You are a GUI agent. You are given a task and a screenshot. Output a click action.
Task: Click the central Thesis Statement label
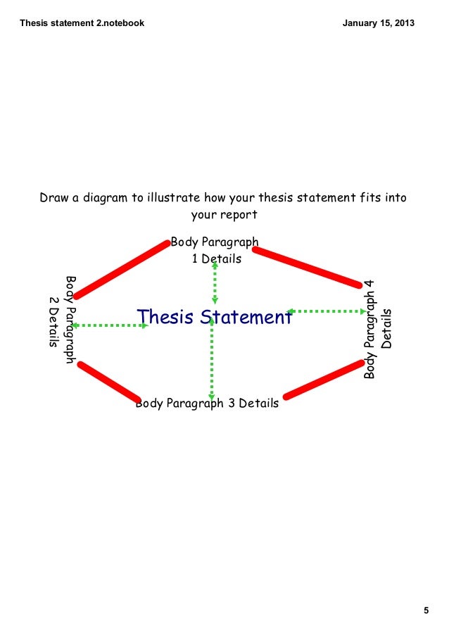click(215, 318)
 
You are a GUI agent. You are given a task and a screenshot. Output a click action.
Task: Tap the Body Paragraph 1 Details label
click(215, 251)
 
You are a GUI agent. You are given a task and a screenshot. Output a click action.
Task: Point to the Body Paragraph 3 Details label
click(207, 404)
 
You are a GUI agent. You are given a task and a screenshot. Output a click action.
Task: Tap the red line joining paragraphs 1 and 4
click(307, 267)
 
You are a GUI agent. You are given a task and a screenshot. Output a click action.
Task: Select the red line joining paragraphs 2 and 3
click(109, 382)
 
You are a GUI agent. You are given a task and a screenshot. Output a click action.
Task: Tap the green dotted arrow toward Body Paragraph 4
click(324, 311)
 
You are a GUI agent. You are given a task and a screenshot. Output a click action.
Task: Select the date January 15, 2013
click(378, 23)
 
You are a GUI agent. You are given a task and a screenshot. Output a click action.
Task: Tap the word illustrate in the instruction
click(171, 198)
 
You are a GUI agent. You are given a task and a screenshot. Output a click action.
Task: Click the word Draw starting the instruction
click(53, 198)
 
